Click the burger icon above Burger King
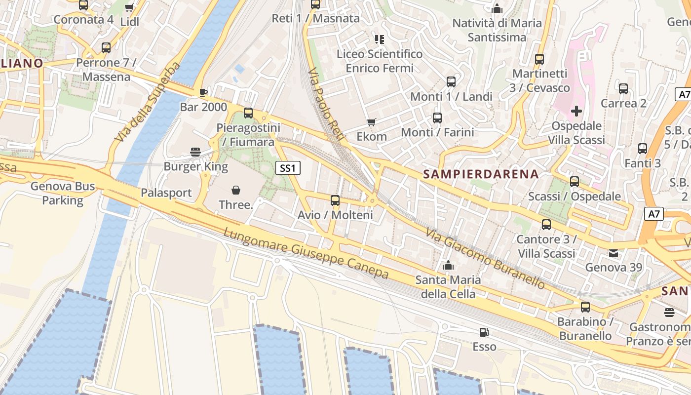[x=195, y=152]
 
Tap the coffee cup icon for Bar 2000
[x=203, y=92]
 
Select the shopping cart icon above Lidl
[x=129, y=7]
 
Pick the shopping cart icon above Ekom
[x=372, y=121]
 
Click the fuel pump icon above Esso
[x=484, y=332]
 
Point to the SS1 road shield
[x=287, y=168]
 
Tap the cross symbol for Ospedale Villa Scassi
[x=576, y=111]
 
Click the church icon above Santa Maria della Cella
[x=448, y=266]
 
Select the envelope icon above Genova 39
[x=614, y=253]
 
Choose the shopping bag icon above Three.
[x=236, y=190]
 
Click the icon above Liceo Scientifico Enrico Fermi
[x=379, y=39]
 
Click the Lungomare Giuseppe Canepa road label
[x=306, y=253]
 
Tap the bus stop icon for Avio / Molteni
[x=335, y=200]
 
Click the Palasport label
[x=166, y=193]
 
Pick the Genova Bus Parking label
[x=63, y=193]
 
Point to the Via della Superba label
[x=147, y=102]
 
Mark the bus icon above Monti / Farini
[x=437, y=118]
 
